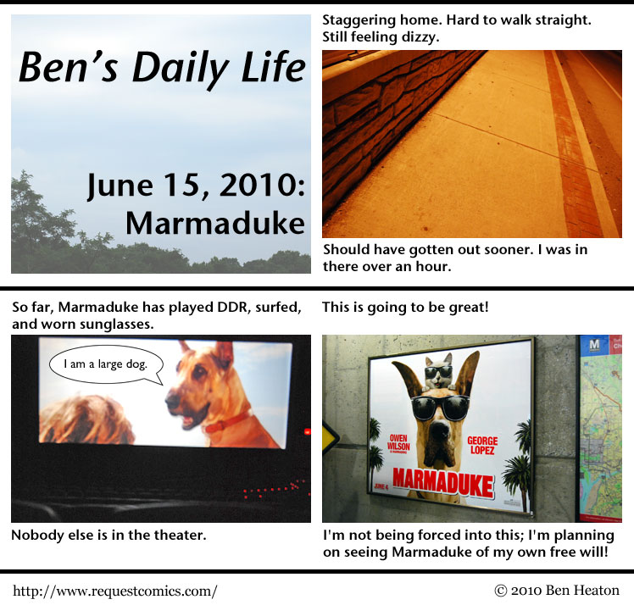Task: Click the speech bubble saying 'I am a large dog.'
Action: click(x=106, y=365)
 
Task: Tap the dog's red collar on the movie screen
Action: click(x=226, y=421)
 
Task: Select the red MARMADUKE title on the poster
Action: click(x=443, y=482)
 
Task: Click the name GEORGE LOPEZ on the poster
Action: click(x=482, y=445)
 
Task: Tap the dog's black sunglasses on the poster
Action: click(x=440, y=407)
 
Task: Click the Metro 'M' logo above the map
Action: click(x=594, y=345)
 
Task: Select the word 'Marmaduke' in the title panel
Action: click(x=215, y=223)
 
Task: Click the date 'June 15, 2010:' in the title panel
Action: click(x=196, y=185)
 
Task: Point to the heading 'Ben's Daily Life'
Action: click(x=162, y=68)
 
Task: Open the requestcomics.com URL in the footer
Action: click(x=115, y=591)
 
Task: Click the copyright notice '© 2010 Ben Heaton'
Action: click(x=557, y=591)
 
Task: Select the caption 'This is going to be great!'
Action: click(x=405, y=308)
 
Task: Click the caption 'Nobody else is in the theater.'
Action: click(x=108, y=535)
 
